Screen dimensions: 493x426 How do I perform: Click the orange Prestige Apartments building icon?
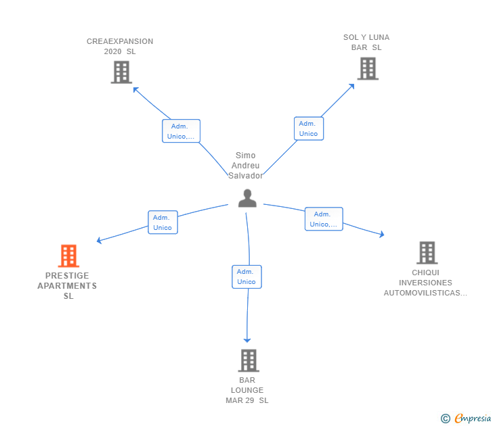click(x=68, y=256)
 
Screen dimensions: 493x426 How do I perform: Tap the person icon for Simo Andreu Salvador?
click(x=247, y=198)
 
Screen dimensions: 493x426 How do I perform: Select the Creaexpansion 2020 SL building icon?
click(x=121, y=72)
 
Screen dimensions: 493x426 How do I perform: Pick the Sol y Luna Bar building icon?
click(x=368, y=68)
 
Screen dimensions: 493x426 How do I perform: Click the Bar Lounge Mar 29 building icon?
click(x=249, y=360)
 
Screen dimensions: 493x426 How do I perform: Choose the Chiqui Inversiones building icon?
click(x=427, y=253)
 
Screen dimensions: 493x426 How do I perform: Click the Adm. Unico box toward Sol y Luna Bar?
click(x=309, y=128)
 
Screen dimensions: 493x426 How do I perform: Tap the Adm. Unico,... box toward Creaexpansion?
click(x=181, y=131)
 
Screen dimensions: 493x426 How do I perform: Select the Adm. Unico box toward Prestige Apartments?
click(x=163, y=222)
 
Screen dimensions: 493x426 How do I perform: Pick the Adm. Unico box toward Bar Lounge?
click(x=246, y=277)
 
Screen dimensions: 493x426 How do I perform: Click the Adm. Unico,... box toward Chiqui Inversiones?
click(x=324, y=219)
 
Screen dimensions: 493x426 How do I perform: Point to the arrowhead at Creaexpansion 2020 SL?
click(x=136, y=90)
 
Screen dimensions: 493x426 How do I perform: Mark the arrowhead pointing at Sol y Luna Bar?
click(x=351, y=87)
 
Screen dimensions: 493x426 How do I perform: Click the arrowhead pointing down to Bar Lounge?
click(x=247, y=340)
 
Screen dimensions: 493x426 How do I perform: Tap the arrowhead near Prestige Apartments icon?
click(x=99, y=241)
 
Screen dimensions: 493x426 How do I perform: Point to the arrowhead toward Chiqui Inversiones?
click(x=382, y=234)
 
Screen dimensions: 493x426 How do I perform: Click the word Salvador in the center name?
click(x=246, y=176)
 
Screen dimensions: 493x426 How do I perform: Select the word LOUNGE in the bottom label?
click(x=247, y=390)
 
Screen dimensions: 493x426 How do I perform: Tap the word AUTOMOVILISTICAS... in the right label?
click(x=425, y=293)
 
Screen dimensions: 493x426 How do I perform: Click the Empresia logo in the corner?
click(x=466, y=418)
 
